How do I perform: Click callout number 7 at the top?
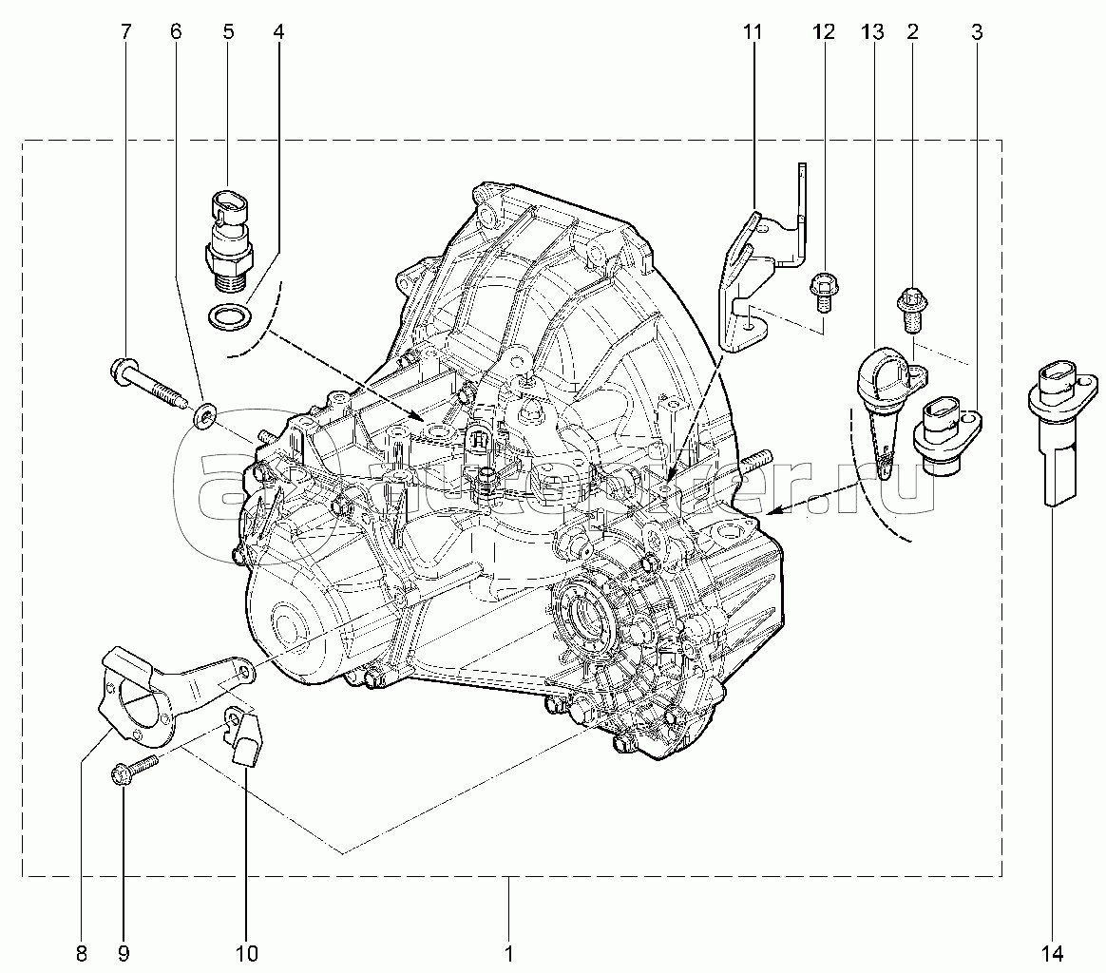tap(125, 32)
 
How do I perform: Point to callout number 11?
tap(753, 32)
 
